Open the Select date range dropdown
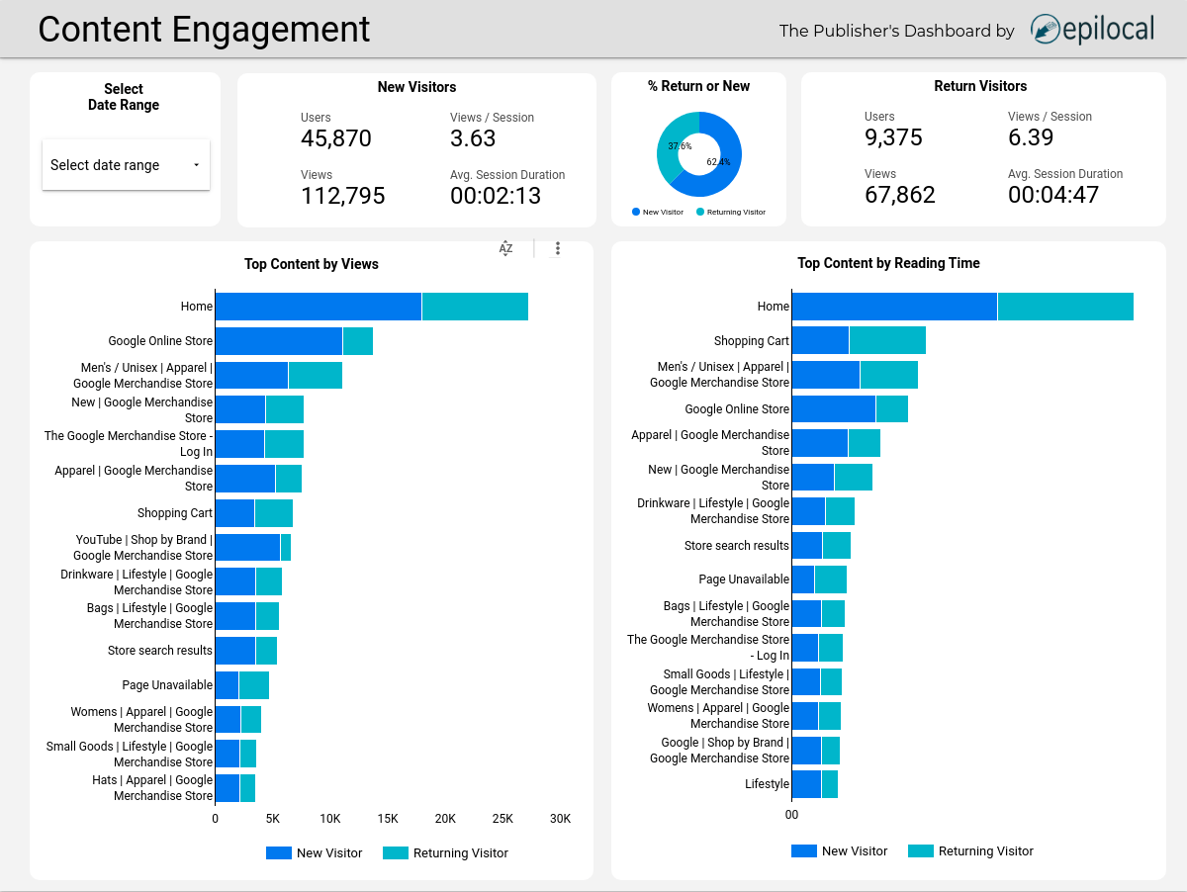pos(126,165)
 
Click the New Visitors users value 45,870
pos(335,138)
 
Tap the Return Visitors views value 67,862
pos(899,195)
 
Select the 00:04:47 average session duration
pos(1052,195)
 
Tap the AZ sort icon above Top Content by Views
pos(505,248)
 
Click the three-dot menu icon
pos(558,248)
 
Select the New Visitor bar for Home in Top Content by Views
pos(318,307)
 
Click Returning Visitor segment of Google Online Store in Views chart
pos(357,341)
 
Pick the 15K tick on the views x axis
pos(388,819)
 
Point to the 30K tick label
pos(560,819)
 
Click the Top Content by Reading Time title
pos(888,263)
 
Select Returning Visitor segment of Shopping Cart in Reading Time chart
pos(886,340)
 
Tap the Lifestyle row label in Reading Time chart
pos(767,784)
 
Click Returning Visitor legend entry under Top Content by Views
pos(446,852)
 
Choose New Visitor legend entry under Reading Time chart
pos(840,850)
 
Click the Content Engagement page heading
pos(204,30)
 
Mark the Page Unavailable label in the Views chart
pos(167,685)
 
